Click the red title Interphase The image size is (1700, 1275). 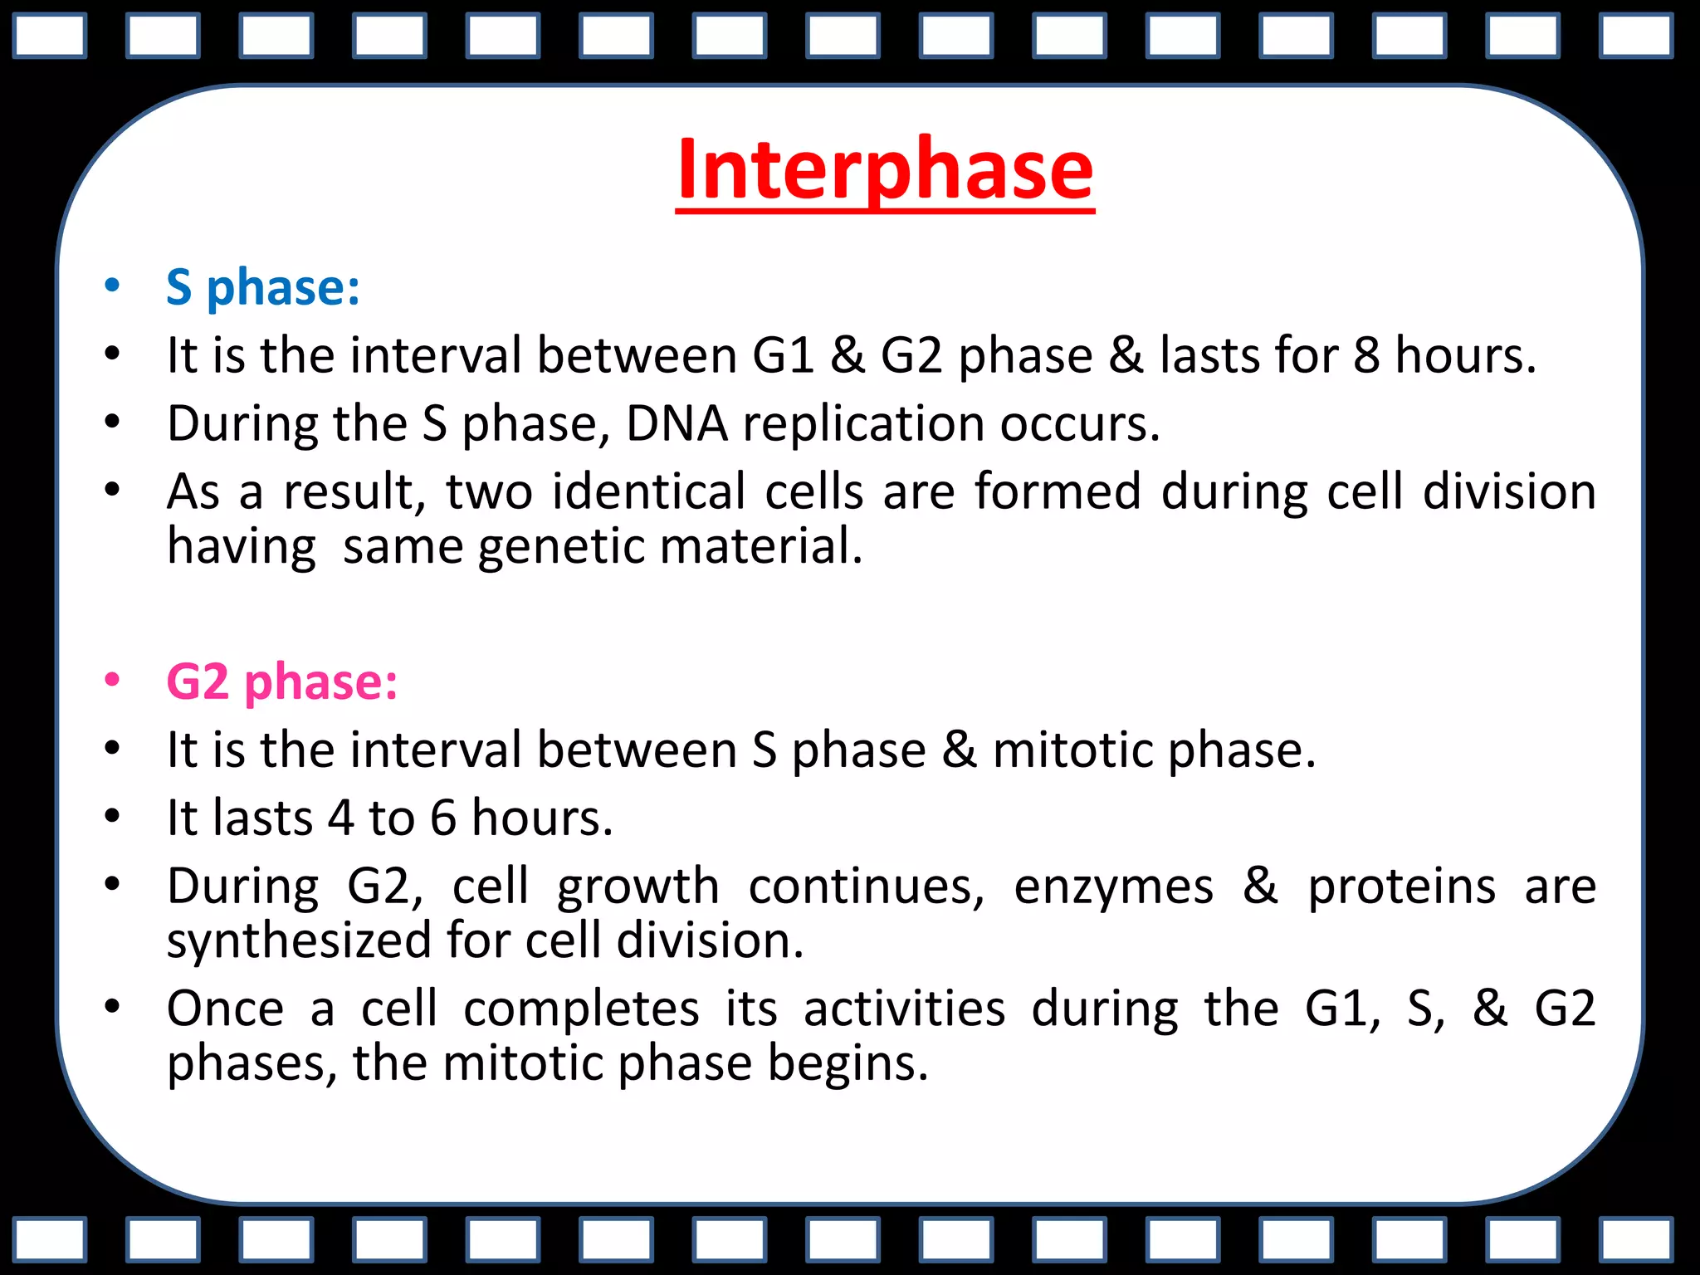(885, 169)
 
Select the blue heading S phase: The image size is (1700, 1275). (263, 287)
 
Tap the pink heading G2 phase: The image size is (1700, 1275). (282, 681)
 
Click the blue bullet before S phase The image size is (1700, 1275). (112, 286)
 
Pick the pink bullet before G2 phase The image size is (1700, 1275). (112, 681)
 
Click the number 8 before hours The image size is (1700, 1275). (1366, 355)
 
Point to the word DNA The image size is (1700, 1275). (677, 423)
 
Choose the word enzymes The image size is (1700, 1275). (1113, 887)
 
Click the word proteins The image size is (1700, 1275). (1402, 887)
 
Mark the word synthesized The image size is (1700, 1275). (299, 942)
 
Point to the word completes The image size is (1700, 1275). (581, 1010)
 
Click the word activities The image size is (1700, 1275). (904, 1009)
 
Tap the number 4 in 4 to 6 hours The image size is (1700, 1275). (340, 818)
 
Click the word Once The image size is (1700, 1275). (226, 1009)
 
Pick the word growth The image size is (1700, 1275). (637, 887)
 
